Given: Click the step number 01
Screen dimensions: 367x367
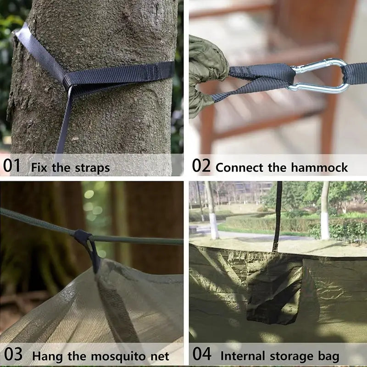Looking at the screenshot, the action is point(12,166).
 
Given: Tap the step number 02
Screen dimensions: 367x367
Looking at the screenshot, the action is point(201,166).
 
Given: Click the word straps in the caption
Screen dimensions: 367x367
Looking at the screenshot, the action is point(92,168).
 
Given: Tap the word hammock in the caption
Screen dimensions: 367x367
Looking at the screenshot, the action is point(319,167).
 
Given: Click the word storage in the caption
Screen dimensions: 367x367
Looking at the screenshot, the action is point(291,356).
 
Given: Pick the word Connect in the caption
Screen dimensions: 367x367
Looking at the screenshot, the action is point(239,167).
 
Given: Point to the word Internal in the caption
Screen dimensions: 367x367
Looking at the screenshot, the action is point(243,356).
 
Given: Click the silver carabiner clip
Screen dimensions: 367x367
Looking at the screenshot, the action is point(319,76).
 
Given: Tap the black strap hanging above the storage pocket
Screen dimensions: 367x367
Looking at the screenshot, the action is point(278,217).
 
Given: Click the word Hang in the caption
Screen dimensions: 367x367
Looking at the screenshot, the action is point(48,357).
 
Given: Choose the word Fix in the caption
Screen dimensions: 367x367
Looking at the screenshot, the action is point(39,167).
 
